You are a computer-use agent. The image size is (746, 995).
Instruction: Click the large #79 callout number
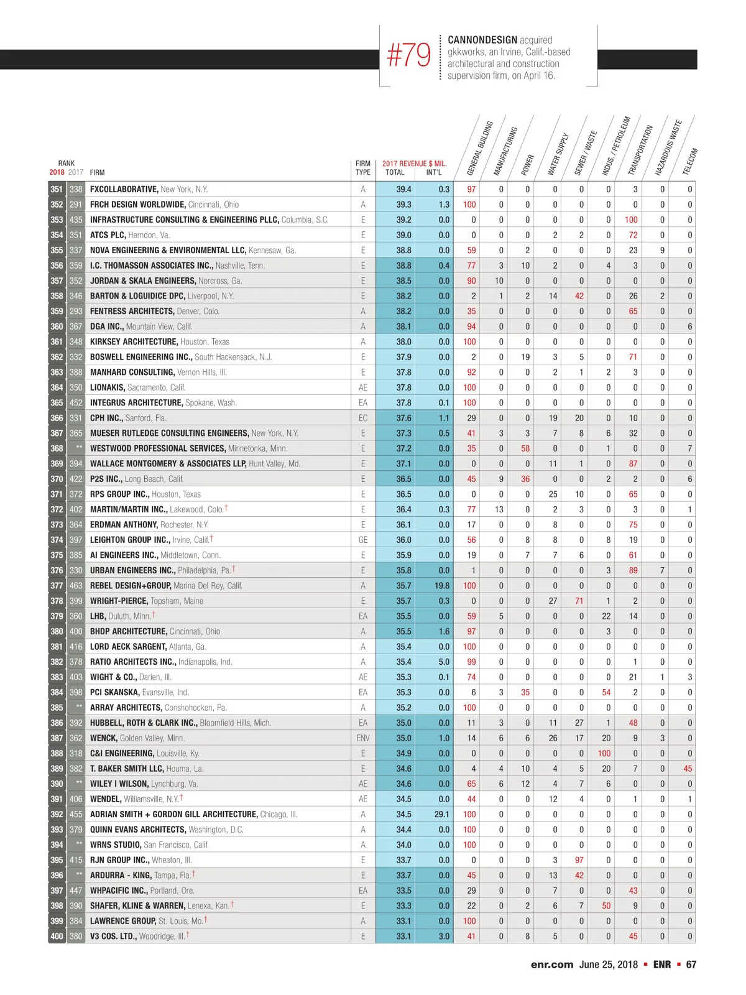[x=408, y=55]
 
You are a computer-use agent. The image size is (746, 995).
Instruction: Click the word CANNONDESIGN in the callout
[x=482, y=40]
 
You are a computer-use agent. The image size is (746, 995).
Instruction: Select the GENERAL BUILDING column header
[x=479, y=148]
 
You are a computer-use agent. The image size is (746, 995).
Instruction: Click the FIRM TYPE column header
[x=363, y=168]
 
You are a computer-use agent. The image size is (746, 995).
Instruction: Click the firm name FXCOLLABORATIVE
[x=124, y=189]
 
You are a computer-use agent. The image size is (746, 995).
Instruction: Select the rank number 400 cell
[x=57, y=936]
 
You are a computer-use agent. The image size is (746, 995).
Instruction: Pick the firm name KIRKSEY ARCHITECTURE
[x=134, y=341]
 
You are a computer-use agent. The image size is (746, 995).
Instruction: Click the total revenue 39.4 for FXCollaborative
[x=403, y=189]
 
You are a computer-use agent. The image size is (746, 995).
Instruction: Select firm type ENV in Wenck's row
[x=363, y=738]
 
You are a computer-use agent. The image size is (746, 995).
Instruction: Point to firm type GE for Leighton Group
[x=363, y=540]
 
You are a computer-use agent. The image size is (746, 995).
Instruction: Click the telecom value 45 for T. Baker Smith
[x=688, y=769]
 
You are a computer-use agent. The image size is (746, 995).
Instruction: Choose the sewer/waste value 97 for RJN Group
[x=579, y=860]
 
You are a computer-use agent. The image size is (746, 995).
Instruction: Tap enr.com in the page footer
[x=552, y=965]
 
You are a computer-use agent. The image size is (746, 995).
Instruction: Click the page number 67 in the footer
[x=691, y=965]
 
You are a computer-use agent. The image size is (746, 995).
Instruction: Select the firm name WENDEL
[x=105, y=799]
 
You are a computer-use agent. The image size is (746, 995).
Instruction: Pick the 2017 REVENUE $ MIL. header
[x=414, y=164]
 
